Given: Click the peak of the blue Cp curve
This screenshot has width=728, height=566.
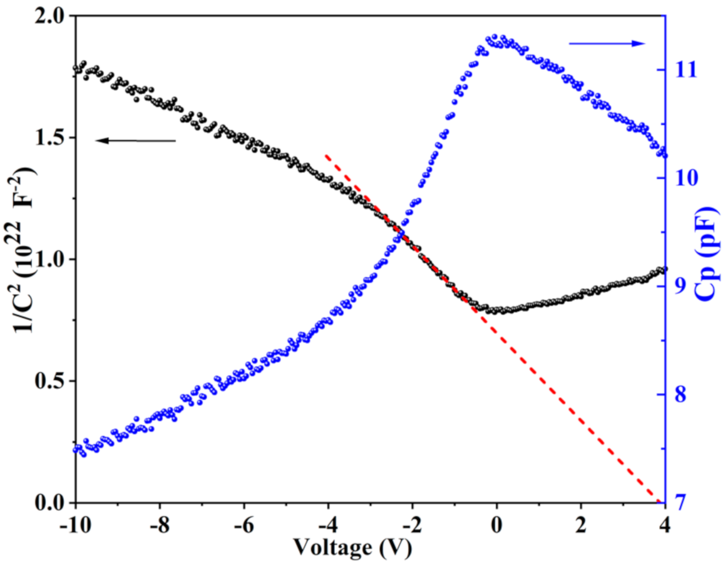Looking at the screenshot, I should (x=495, y=37).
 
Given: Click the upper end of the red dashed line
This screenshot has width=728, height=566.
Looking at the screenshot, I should (x=326, y=155).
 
